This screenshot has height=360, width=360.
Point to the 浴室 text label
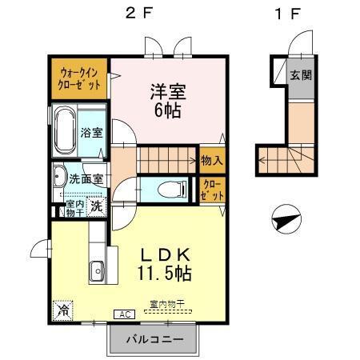click(90, 132)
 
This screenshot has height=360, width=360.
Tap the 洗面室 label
click(85, 179)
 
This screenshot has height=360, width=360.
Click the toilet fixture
click(170, 189)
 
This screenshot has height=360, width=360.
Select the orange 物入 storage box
click(212, 161)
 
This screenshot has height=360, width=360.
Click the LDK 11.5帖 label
click(166, 263)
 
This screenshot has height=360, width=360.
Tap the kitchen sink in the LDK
click(98, 270)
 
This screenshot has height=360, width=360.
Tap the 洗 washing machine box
click(96, 206)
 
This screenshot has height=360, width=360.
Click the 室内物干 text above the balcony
click(167, 304)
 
